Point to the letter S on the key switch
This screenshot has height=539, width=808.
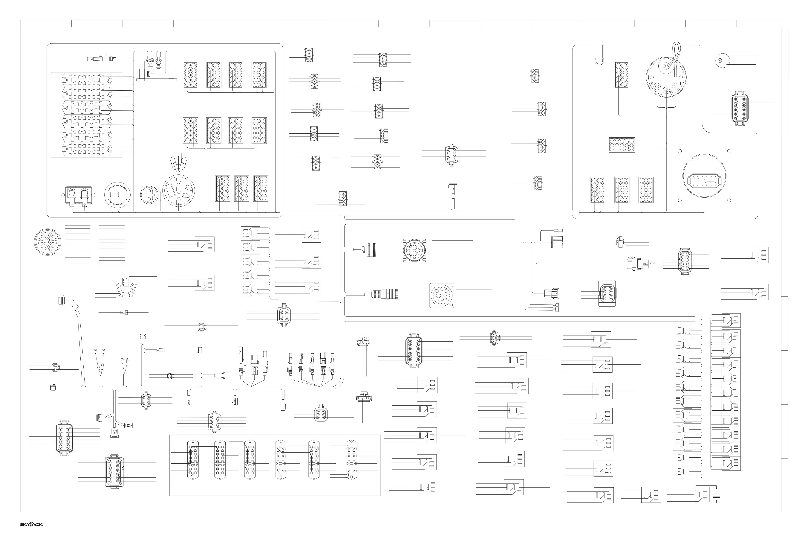pos(671,92)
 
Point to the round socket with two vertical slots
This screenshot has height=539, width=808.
pos(117,195)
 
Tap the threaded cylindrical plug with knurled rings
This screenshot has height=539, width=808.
pos(385,294)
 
